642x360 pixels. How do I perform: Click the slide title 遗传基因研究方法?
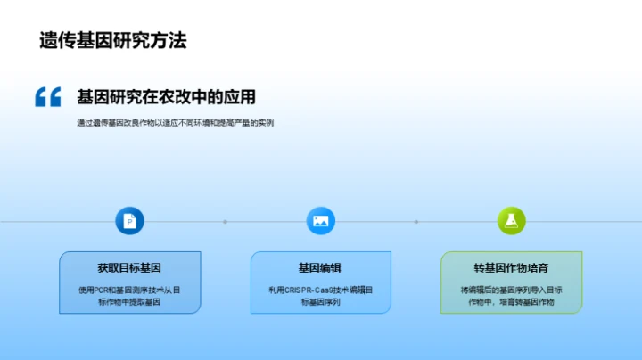tap(112, 40)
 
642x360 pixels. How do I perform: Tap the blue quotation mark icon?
tap(48, 97)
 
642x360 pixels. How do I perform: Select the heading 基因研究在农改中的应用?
tap(166, 97)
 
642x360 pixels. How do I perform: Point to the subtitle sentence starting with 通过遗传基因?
tap(175, 123)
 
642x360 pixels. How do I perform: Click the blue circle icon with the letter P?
tap(129, 221)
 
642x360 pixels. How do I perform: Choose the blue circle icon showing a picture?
tap(320, 221)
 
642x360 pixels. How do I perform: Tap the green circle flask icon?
tap(511, 221)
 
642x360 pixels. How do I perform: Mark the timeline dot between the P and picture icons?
tap(225, 221)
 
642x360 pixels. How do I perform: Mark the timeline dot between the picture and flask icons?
tap(416, 221)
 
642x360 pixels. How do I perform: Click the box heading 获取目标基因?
tap(129, 267)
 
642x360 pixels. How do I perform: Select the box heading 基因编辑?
tap(320, 267)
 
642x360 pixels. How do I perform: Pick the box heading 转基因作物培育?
tap(511, 267)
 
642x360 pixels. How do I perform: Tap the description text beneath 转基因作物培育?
tap(511, 296)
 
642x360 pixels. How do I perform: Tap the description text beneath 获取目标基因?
tap(129, 296)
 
